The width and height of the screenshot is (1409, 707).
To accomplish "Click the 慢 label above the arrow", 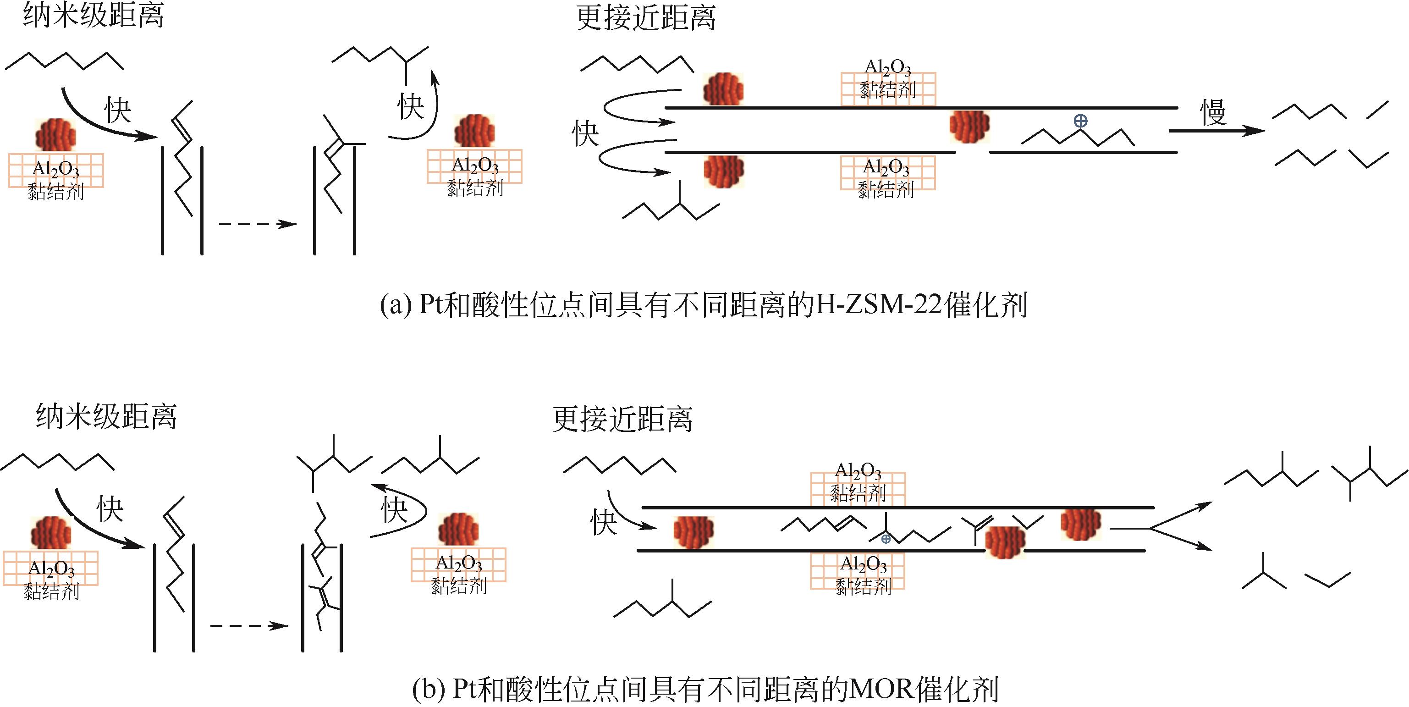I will coord(1213,113).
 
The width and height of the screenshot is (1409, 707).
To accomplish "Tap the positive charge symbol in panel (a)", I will coord(1080,121).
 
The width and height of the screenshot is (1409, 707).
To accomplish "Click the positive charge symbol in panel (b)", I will coord(886,539).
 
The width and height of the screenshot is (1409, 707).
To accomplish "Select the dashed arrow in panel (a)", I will coord(257,224).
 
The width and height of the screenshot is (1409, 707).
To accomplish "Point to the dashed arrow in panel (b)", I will coord(249,625).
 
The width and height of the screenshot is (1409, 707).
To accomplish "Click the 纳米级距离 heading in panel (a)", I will coord(94,15).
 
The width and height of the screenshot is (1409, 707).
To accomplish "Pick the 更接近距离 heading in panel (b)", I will coord(622,419).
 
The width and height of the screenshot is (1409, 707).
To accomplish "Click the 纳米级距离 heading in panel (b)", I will coord(107,416).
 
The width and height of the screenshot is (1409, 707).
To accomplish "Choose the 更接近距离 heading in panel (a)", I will coord(645,18).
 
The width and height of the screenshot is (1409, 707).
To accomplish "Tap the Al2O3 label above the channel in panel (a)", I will coord(887,68).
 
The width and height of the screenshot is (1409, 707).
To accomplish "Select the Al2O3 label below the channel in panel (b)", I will coord(864,563).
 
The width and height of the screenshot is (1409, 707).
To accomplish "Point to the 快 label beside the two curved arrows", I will coord(585,133).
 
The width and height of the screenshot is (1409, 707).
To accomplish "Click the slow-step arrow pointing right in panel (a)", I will coord(1216,131).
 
